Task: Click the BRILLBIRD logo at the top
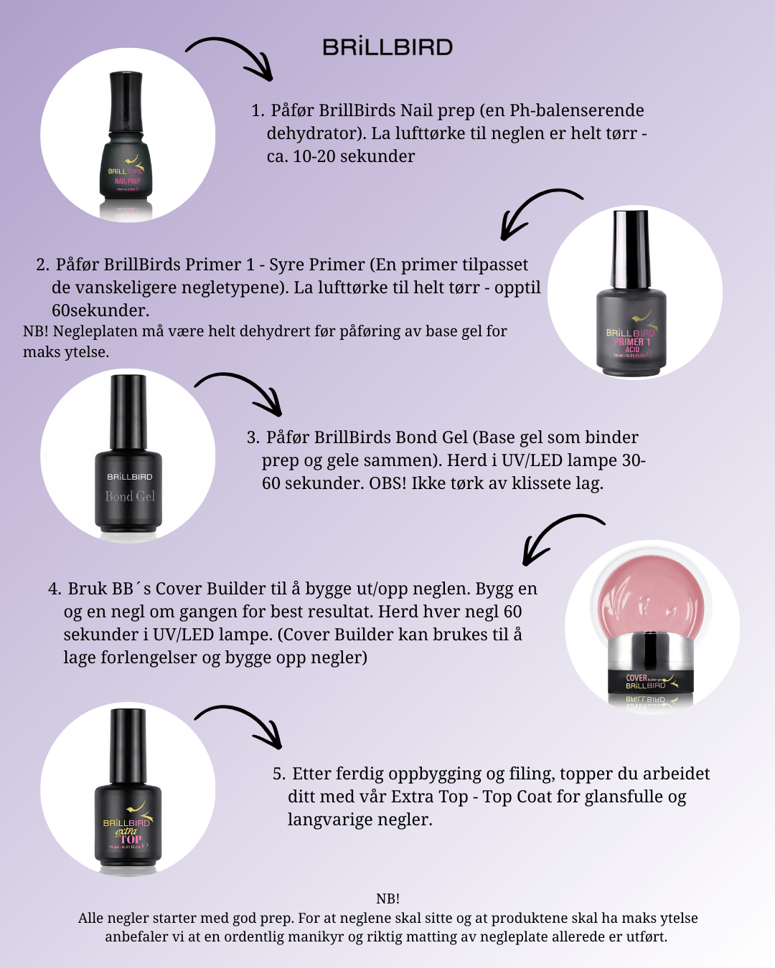387,47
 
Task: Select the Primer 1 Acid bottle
631,293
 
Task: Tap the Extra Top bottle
128,789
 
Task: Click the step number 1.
258,110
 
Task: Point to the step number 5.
279,774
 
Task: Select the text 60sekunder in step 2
100,310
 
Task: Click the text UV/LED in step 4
183,635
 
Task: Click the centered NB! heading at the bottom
387,898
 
